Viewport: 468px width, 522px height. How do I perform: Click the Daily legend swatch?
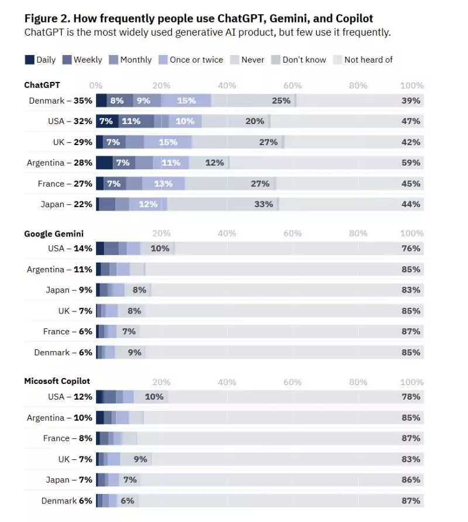click(29, 60)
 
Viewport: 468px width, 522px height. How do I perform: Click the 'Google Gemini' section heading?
click(54, 234)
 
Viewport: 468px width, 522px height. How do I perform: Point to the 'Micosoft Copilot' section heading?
click(57, 381)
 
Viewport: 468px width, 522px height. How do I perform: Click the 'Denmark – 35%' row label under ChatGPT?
click(60, 101)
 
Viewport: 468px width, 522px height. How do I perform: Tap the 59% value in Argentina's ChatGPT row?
click(411, 163)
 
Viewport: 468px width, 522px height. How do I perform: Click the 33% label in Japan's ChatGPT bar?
click(264, 204)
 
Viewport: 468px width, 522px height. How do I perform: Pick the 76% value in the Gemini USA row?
click(411, 249)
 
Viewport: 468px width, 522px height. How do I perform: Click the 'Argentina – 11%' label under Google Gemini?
click(59, 270)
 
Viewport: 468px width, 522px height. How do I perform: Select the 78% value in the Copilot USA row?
click(411, 397)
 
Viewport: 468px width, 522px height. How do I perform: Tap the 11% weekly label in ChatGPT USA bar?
click(131, 121)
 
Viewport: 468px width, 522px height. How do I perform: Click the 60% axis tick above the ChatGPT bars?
click(292, 86)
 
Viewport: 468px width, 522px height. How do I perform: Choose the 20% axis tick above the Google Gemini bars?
click(161, 233)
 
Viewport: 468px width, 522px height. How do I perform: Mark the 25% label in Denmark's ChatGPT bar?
click(281, 101)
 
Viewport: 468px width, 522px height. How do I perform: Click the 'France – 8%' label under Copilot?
click(67, 438)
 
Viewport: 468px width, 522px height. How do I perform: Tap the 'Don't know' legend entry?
click(304, 60)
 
